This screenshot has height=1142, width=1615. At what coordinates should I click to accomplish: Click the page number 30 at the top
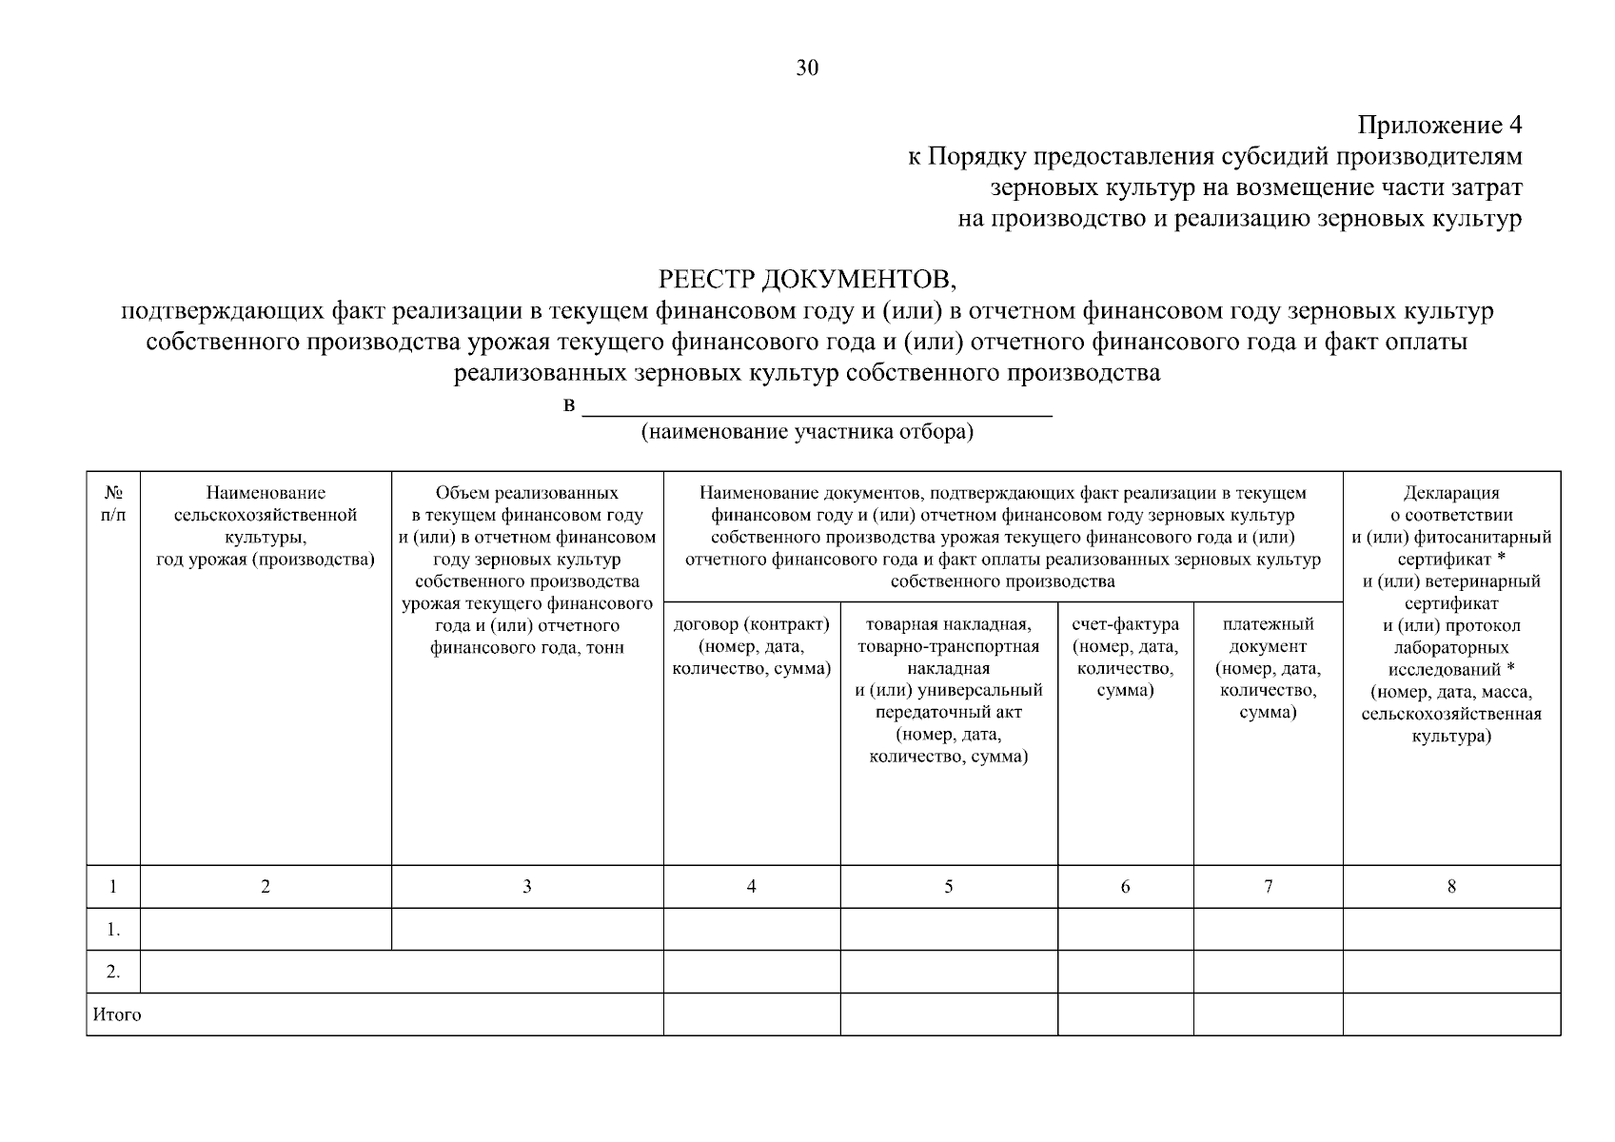(807, 68)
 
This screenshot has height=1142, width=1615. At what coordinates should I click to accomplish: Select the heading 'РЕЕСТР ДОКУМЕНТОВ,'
(807, 279)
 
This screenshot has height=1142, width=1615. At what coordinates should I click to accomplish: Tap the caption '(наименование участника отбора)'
(807, 433)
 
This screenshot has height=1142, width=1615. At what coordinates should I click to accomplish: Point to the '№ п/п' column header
(113, 503)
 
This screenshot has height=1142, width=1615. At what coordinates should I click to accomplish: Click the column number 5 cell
(948, 886)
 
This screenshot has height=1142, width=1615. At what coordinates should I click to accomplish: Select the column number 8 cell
(1451, 886)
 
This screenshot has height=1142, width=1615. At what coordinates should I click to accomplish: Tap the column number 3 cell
(526, 886)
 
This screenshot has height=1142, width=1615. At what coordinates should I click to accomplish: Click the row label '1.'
(113, 930)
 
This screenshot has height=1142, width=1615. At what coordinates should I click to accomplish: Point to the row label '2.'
(113, 972)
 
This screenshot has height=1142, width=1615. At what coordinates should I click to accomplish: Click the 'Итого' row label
(117, 1014)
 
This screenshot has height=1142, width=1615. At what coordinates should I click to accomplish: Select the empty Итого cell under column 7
(1268, 1014)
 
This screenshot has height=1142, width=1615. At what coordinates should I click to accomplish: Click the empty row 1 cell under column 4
(751, 930)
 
